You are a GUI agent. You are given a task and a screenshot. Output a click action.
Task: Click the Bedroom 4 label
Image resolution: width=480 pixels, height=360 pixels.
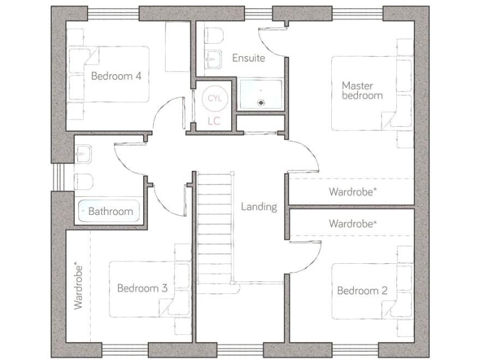116,76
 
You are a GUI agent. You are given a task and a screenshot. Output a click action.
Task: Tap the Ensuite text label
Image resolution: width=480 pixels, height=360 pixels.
248,58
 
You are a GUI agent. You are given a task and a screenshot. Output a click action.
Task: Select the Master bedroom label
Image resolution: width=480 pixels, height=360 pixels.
362,90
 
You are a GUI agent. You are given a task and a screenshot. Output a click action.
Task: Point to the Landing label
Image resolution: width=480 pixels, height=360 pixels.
259,206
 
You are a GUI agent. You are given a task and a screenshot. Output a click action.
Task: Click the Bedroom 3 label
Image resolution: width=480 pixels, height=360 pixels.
142,288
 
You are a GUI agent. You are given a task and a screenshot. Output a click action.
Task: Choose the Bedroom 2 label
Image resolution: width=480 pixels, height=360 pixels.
362,290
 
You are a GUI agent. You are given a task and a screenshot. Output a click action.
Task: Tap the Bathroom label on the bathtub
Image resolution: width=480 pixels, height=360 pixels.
110,211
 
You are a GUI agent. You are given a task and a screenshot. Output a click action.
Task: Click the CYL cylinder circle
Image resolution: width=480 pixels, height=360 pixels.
214,99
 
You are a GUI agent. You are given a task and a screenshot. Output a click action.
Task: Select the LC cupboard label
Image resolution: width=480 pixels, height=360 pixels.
214,121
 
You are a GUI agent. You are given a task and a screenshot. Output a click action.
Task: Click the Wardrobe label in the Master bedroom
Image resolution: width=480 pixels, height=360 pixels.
352,192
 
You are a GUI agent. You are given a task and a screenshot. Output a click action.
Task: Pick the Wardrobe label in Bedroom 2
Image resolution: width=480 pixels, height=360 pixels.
352,223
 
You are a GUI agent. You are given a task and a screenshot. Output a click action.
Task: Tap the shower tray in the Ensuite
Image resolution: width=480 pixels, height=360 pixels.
259,94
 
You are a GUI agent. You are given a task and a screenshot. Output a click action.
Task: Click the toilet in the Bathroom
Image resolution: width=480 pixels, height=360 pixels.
84,181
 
